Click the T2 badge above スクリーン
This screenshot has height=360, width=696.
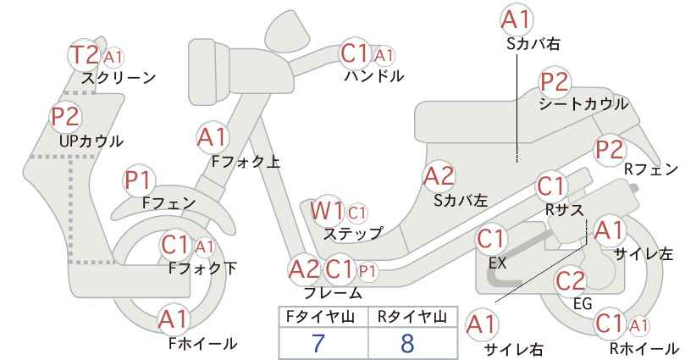84,55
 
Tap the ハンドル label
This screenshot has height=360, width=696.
374,76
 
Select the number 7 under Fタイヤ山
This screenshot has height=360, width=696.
318,342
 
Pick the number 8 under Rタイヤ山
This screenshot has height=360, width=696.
407,342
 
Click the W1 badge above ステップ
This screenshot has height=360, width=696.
327,210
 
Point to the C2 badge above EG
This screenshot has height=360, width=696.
571,281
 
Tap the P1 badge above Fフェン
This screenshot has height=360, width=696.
139,180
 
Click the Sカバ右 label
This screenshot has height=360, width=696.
533,43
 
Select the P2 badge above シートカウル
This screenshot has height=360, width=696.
555,82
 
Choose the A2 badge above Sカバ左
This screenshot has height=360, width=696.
439,176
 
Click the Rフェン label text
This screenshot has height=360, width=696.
651,169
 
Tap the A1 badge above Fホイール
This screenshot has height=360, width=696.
174,319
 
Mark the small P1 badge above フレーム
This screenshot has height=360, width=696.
367,271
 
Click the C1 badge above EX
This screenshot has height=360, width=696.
490,240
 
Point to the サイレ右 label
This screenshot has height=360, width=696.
514,349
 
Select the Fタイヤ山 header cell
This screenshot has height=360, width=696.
323,317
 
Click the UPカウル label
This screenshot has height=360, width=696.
91,141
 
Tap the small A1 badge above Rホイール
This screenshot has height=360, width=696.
638,325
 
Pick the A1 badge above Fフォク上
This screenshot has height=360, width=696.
213,137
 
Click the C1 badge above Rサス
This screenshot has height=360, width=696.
551,186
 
